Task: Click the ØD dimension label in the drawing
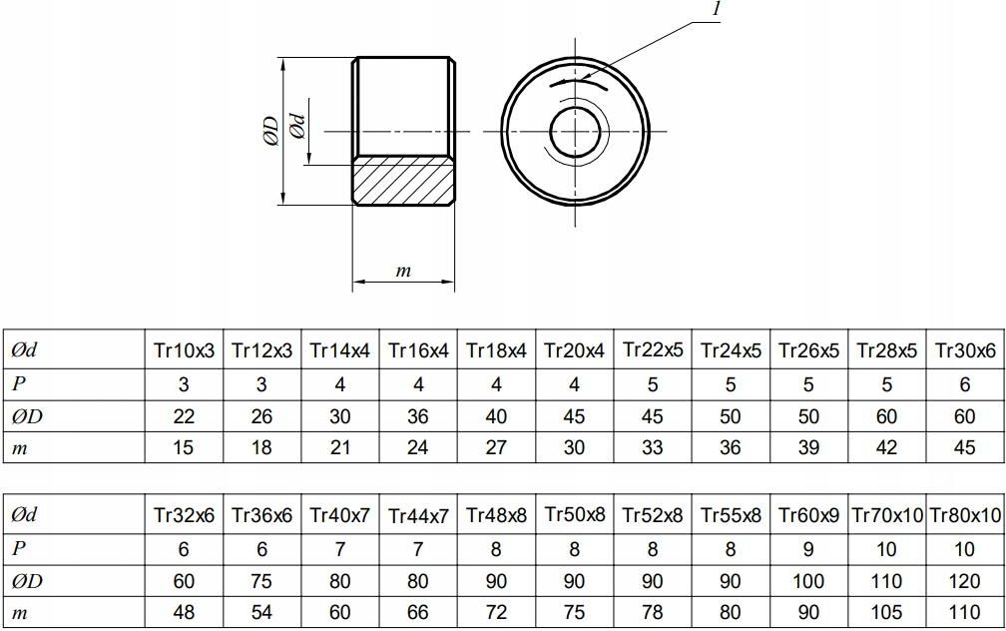tap(270, 132)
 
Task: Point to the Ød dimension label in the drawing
tap(296, 127)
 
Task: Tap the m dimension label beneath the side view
tap(403, 271)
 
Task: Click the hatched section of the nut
tap(404, 181)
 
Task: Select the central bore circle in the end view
tap(575, 132)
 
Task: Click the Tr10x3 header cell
tap(184, 350)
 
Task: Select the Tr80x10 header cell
tap(964, 516)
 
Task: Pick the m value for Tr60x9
tap(808, 612)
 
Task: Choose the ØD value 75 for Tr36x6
tap(261, 581)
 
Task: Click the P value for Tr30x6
tap(964, 383)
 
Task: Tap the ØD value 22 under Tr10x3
tap(184, 416)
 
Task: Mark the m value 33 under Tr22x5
tap(652, 448)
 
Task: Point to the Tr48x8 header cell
tap(496, 516)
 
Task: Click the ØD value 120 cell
tap(964, 581)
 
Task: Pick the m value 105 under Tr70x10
tap(886, 612)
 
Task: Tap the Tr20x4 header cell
tap(574, 350)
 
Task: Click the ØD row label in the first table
tap(25, 416)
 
